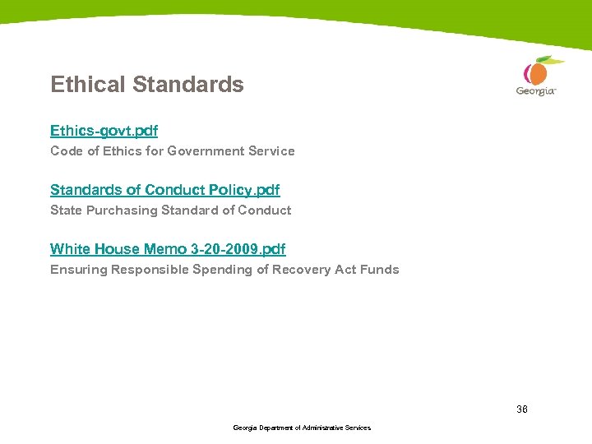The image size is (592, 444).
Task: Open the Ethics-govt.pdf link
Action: point(104,131)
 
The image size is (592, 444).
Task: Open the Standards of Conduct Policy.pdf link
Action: point(164,190)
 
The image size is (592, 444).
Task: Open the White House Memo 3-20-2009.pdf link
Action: point(168,249)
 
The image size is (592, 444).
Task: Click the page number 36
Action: point(522,409)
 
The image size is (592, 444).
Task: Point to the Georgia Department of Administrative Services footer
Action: point(302,428)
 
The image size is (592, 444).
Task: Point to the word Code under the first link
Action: point(65,151)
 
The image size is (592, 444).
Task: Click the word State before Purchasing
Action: point(66,210)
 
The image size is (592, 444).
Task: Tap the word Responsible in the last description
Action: point(149,270)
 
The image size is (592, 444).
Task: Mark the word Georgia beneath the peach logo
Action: point(535,91)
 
